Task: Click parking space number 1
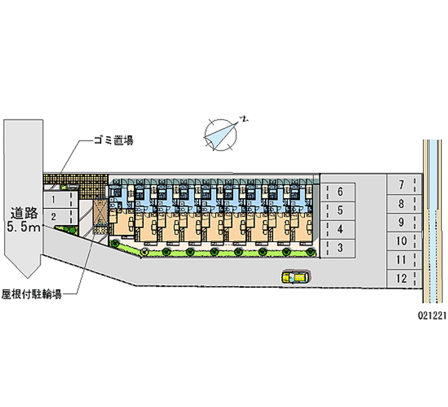pyautogui.click(x=59, y=199)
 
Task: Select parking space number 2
pyautogui.click(x=59, y=216)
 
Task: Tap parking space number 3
pyautogui.click(x=339, y=247)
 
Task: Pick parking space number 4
pyautogui.click(x=339, y=228)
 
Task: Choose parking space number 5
pyautogui.click(x=339, y=210)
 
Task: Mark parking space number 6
pyautogui.click(x=339, y=192)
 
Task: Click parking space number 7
pyautogui.click(x=402, y=184)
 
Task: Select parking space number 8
pyautogui.click(x=402, y=203)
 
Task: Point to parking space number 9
pyautogui.click(x=402, y=222)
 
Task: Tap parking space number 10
pyautogui.click(x=402, y=241)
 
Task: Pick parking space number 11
pyautogui.click(x=402, y=259)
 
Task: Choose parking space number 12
pyautogui.click(x=402, y=278)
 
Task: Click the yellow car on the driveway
pyautogui.click(x=296, y=277)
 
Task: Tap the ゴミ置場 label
pyautogui.click(x=113, y=141)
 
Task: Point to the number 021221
pyautogui.click(x=431, y=315)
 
